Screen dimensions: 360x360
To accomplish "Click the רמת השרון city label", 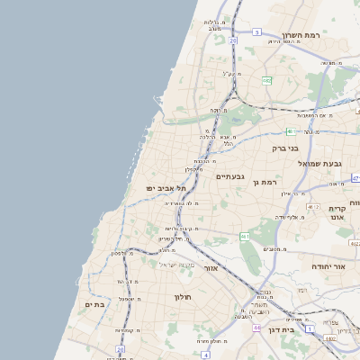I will point(301,36).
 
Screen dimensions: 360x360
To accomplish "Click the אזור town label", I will point(211,268).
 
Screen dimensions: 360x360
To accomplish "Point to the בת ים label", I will point(95,304).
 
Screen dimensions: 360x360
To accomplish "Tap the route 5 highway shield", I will point(256,32).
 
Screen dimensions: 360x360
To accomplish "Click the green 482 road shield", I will point(266,80).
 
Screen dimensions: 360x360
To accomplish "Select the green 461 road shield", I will point(244,237).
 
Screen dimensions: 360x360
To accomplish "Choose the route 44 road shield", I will point(256,328).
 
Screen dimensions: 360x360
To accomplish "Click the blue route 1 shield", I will point(310,329).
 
